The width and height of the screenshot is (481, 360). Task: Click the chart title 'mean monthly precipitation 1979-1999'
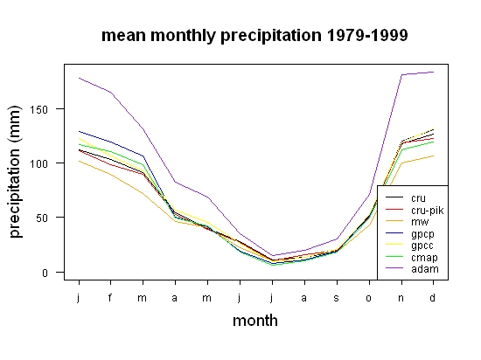(254, 36)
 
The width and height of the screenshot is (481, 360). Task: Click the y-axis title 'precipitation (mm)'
(15, 171)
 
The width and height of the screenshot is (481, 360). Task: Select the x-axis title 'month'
(255, 321)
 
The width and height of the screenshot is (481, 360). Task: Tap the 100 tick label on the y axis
(38, 163)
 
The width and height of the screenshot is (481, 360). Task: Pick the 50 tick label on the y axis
(42, 218)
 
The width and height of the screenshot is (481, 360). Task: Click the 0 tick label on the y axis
(45, 273)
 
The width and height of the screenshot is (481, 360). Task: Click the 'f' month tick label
(110, 297)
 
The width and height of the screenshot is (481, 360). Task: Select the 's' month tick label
(337, 298)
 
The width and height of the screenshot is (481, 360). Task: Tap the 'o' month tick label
(369, 298)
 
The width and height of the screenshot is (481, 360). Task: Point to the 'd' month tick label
(432, 297)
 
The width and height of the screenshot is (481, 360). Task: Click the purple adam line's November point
(401, 74)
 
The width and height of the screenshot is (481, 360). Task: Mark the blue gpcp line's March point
(143, 156)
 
